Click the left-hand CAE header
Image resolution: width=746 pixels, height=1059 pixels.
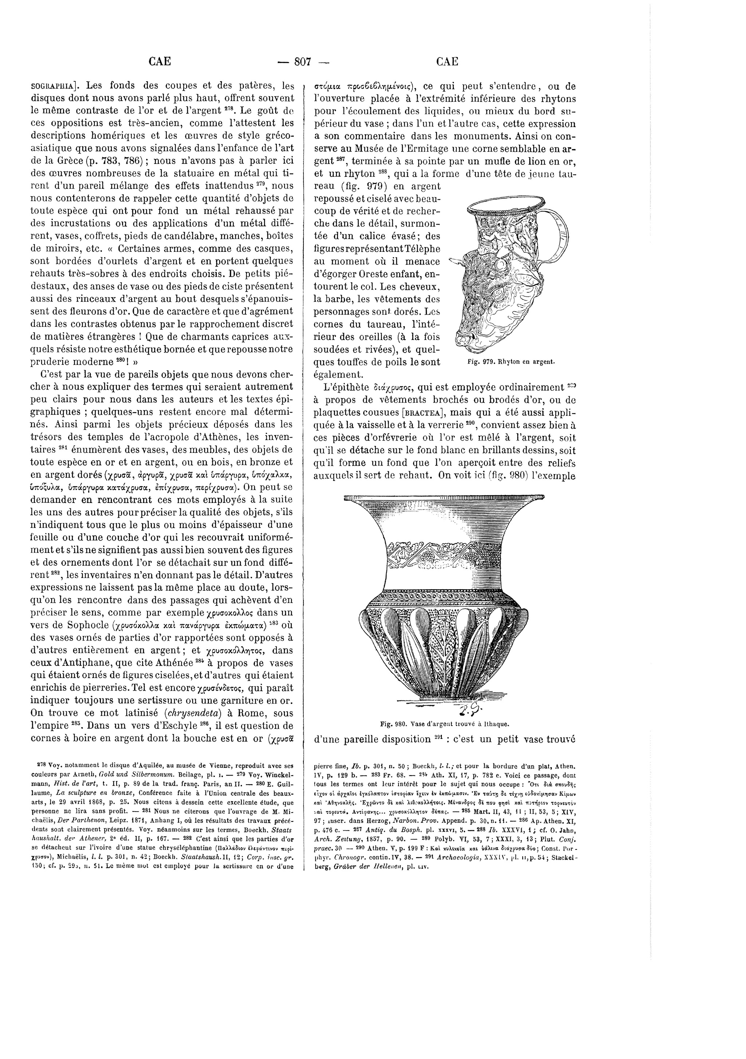click(x=160, y=61)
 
